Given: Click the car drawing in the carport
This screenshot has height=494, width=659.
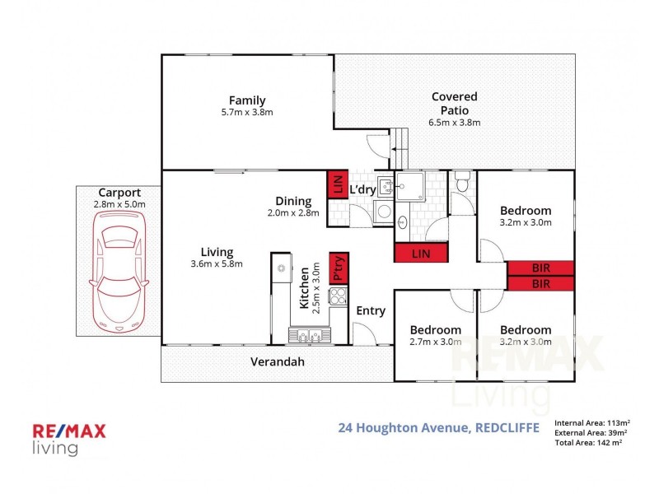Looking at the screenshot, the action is click(119, 272).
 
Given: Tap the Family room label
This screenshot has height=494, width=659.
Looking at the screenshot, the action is click(247, 100).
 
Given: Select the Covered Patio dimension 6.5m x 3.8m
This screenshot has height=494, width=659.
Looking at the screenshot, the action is click(455, 123).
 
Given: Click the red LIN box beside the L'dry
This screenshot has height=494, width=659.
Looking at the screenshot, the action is click(338, 184).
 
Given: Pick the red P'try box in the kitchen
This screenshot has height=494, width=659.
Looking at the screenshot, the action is click(339, 268).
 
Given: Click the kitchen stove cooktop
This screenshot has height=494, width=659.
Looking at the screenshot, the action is click(339, 296).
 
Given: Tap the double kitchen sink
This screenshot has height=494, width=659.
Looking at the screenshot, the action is click(310, 335).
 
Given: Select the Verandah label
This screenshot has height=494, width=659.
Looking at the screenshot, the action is click(278, 361).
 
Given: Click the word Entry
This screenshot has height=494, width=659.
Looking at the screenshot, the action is click(371, 311).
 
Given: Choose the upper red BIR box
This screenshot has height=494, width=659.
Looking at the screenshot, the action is click(541, 268).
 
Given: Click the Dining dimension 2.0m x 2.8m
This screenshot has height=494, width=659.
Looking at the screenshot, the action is click(293, 213).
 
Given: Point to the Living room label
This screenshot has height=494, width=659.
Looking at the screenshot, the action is click(217, 252).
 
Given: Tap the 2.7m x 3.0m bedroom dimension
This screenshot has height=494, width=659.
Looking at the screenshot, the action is click(436, 342).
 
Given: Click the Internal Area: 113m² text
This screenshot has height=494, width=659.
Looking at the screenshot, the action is click(591, 423).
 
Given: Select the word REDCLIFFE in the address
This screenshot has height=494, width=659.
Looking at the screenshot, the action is click(507, 427).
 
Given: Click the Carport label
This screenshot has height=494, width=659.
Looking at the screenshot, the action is click(119, 193).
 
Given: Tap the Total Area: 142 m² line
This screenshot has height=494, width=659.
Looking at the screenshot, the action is click(588, 442).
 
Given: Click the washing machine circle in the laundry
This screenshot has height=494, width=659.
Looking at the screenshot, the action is click(384, 211).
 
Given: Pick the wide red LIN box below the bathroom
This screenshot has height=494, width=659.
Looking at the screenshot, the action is click(421, 254).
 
